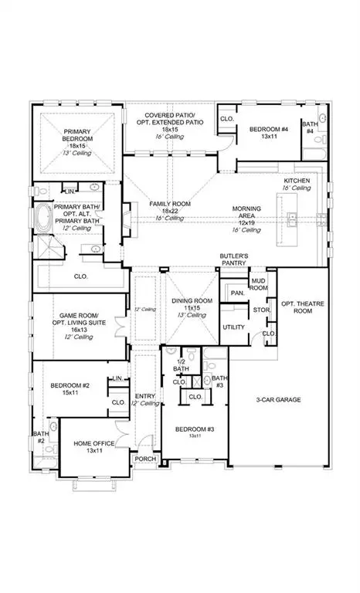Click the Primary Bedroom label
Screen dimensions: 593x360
[77, 137]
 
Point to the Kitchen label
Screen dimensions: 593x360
[296, 180]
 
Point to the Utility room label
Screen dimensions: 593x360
[234, 327]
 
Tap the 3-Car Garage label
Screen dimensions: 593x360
[278, 399]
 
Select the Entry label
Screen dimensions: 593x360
[145, 399]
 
